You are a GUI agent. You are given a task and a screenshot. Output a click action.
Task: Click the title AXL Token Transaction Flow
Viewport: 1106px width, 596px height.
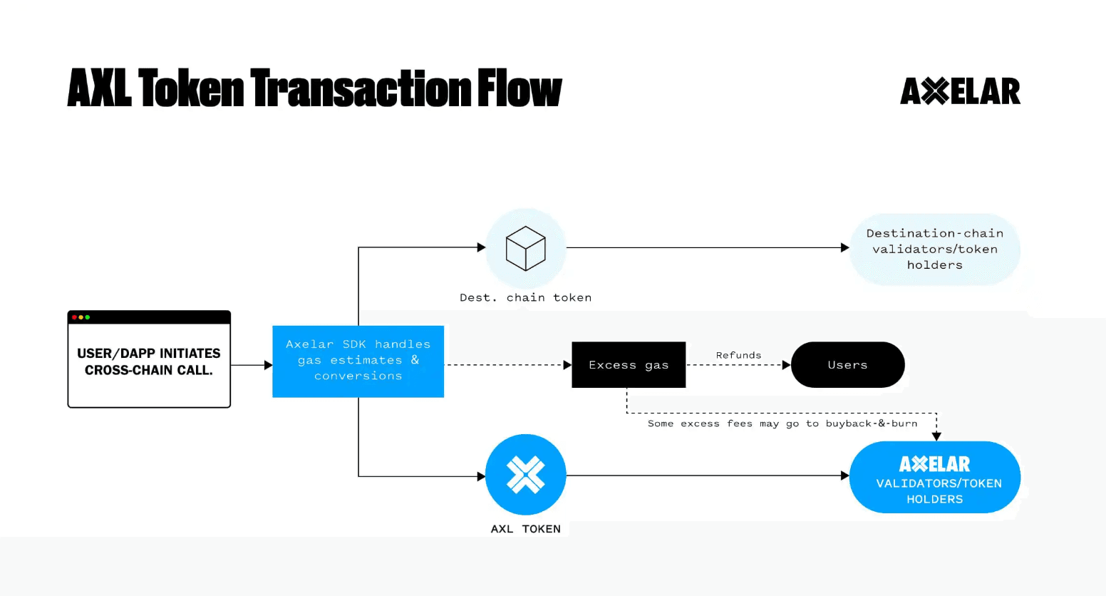click(x=314, y=88)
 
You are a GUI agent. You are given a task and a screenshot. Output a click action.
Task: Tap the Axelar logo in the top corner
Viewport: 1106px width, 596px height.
click(x=960, y=91)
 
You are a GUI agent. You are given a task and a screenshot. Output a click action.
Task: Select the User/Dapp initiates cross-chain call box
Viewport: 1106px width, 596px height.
click(x=149, y=362)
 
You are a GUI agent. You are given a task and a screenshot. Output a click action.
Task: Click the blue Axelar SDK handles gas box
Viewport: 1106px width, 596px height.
click(x=358, y=361)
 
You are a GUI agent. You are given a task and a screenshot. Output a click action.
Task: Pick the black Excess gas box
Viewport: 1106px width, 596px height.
click(x=629, y=365)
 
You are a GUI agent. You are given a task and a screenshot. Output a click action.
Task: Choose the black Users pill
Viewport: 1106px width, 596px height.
click(x=847, y=365)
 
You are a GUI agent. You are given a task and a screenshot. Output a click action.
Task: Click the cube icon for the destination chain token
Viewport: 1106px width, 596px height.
click(x=526, y=248)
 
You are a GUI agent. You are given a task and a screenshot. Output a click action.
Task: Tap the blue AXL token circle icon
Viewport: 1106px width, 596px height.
click(x=526, y=475)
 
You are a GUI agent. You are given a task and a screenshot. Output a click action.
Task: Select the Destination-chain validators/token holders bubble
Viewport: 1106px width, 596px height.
click(x=935, y=250)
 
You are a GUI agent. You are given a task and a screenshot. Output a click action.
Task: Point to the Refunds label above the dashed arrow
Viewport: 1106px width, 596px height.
click(x=738, y=355)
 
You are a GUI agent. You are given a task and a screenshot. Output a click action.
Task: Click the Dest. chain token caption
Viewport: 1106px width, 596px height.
click(x=526, y=298)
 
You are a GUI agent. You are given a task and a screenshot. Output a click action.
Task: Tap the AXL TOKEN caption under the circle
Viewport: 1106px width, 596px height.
click(x=526, y=529)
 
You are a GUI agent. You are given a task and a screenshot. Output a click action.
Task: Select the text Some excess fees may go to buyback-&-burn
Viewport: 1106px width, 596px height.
click(x=782, y=423)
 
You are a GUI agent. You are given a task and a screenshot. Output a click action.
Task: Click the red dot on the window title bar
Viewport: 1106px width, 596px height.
click(x=74, y=317)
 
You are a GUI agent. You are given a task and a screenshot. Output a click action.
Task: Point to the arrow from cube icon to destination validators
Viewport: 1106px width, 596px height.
click(x=706, y=248)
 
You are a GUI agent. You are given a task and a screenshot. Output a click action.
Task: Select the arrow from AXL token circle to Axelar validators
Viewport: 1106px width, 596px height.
click(x=706, y=476)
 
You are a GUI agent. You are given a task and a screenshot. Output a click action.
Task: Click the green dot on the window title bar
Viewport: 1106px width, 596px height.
click(x=88, y=317)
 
